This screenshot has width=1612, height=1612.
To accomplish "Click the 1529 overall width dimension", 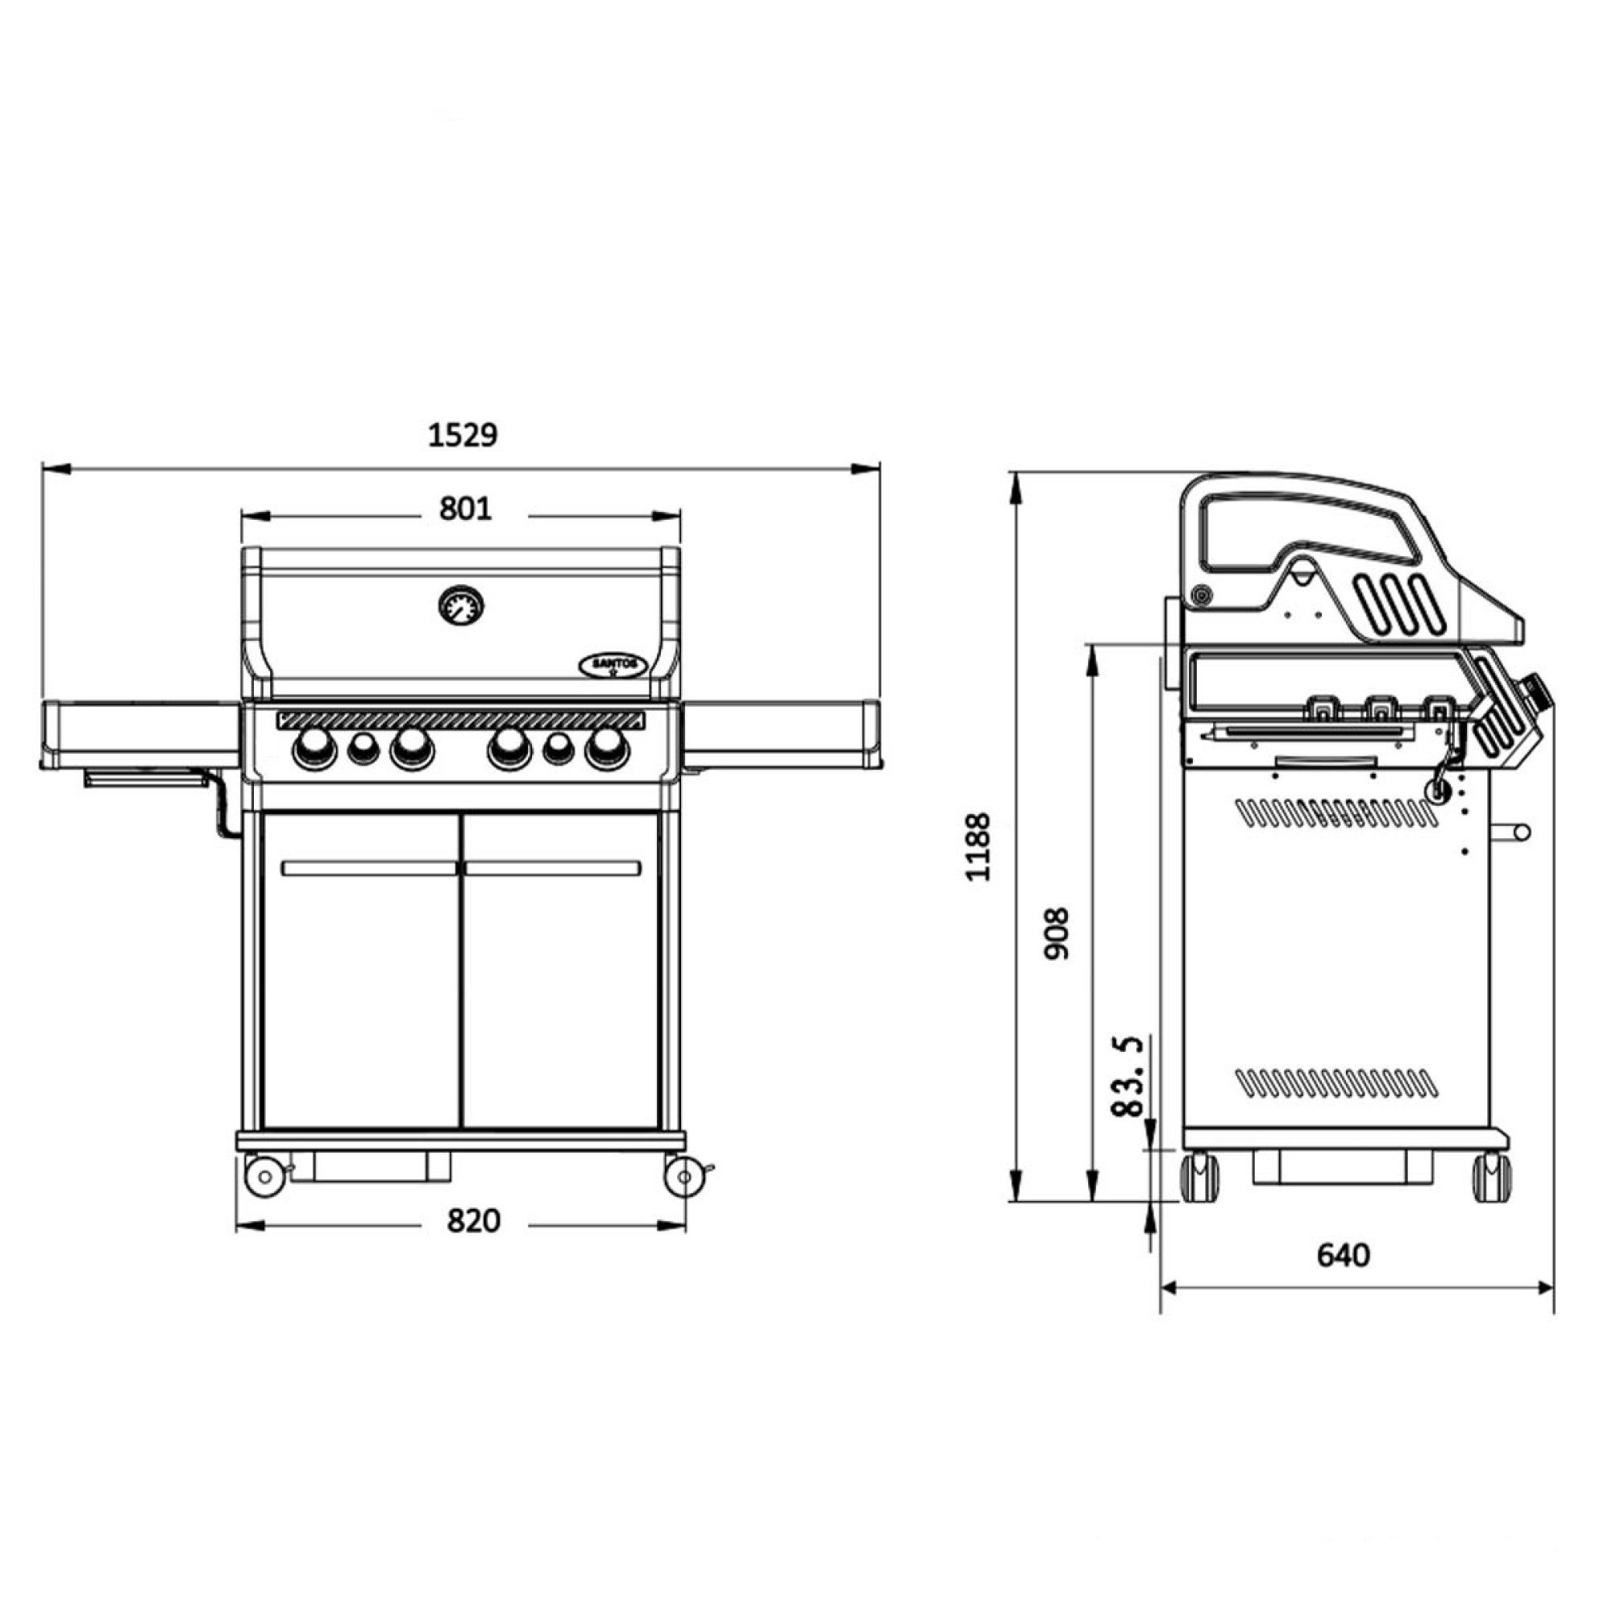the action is (x=462, y=435).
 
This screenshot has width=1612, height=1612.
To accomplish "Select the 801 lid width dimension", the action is (x=466, y=508).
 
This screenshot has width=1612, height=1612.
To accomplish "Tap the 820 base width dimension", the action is (x=473, y=1220).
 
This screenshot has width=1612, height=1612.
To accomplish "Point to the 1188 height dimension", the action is (x=977, y=846).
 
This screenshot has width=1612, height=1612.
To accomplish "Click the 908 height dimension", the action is (x=1057, y=933).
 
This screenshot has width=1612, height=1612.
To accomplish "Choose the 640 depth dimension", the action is (x=1344, y=1255).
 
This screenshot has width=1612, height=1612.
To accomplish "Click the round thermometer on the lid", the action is (x=461, y=606).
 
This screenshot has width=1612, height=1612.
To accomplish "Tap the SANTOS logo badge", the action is (x=613, y=664).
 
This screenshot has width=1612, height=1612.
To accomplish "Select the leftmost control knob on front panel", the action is (x=314, y=748).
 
